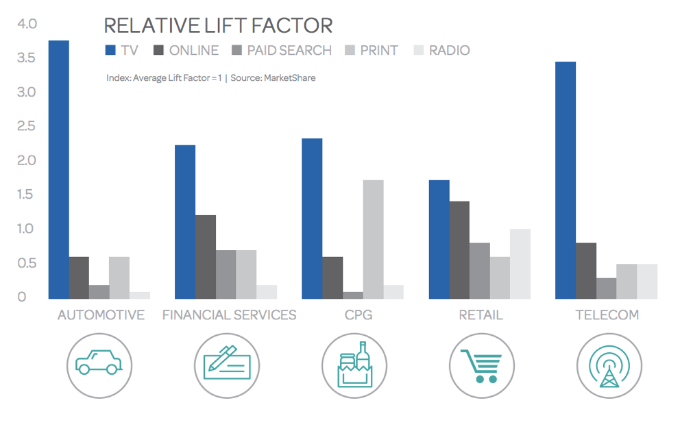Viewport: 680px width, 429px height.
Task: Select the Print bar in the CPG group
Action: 373,239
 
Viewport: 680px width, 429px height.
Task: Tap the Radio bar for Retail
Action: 520,264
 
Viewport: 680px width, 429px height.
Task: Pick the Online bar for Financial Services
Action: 205,257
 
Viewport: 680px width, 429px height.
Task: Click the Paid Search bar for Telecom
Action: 606,288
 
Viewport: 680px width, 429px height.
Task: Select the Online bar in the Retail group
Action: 459,250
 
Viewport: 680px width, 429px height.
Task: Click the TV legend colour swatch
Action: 110,50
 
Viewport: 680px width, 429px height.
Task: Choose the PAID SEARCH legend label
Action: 289,50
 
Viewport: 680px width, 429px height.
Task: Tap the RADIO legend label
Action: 449,50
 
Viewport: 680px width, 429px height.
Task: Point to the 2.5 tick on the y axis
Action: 26,126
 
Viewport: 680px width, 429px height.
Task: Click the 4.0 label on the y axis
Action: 26,24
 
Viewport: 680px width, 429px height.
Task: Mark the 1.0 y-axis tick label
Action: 26,229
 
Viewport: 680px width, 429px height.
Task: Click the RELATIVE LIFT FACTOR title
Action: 218,25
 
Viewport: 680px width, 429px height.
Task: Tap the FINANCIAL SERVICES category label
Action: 229,315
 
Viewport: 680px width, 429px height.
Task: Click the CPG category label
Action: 354,315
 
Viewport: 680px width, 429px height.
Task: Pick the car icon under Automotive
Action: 99,364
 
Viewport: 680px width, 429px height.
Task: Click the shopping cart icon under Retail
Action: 481,365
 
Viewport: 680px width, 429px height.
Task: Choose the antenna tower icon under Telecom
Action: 608,365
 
